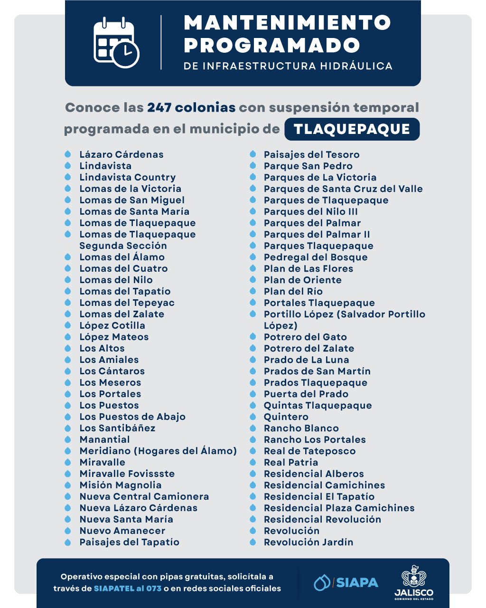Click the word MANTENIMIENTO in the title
click(287, 22)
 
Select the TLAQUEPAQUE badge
click(352, 129)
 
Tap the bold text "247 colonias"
click(191, 107)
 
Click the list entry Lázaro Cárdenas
click(121, 154)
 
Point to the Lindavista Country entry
click(127, 177)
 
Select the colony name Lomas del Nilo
click(116, 280)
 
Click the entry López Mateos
click(114, 337)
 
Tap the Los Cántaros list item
click(112, 371)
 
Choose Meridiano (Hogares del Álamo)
click(158, 451)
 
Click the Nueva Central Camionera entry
click(144, 496)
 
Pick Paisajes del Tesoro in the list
click(311, 154)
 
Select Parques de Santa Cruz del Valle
click(343, 189)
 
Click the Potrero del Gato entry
click(305, 337)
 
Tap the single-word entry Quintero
click(286, 417)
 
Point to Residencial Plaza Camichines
click(339, 508)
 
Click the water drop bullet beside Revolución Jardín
click(253, 542)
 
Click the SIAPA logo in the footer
click(346, 582)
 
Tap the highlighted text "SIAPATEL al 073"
click(128, 589)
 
